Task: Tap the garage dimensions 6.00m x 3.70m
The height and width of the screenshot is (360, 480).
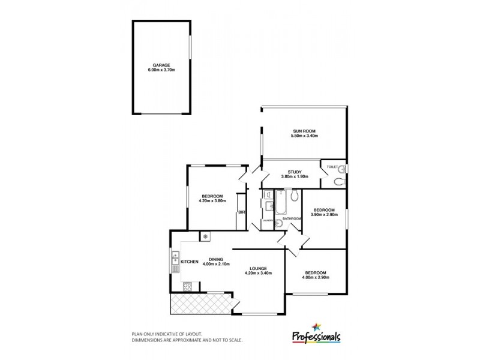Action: tap(161, 70)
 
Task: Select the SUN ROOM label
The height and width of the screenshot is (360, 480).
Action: tap(304, 131)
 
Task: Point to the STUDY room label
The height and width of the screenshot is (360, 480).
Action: tap(294, 171)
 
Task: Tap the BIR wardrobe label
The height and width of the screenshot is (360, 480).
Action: tap(241, 212)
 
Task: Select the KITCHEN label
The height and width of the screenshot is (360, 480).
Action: tap(190, 262)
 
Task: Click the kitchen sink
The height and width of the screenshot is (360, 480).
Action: tap(175, 261)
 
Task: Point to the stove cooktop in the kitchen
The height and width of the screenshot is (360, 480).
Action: tap(186, 287)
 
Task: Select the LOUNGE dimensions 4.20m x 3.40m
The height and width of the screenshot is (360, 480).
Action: tap(259, 273)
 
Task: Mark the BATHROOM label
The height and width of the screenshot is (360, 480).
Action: tap(292, 218)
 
